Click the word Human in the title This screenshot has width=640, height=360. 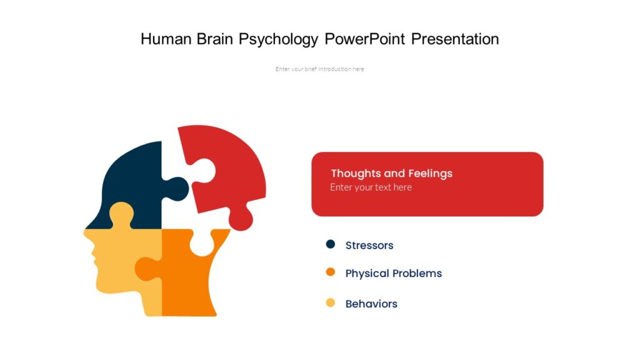pyautogui.click(x=164, y=39)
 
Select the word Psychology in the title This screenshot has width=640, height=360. pyautogui.click(x=279, y=40)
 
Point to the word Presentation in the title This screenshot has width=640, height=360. pyautogui.click(x=455, y=39)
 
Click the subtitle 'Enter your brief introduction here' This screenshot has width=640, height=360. pyautogui.click(x=319, y=69)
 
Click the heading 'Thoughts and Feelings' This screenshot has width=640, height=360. pyautogui.click(x=391, y=173)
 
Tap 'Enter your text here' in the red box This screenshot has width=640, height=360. pyautogui.click(x=371, y=187)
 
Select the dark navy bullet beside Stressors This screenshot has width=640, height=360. pyautogui.click(x=331, y=244)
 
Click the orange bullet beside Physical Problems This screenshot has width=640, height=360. pyautogui.click(x=331, y=272)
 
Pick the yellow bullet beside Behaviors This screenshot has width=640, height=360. pyautogui.click(x=331, y=303)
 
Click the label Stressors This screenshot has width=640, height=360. pyautogui.click(x=369, y=246)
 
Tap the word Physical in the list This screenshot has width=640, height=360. pyautogui.click(x=366, y=274)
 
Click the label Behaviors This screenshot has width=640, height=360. pyautogui.click(x=371, y=304)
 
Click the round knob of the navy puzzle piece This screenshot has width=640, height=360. pyautogui.click(x=177, y=189)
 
